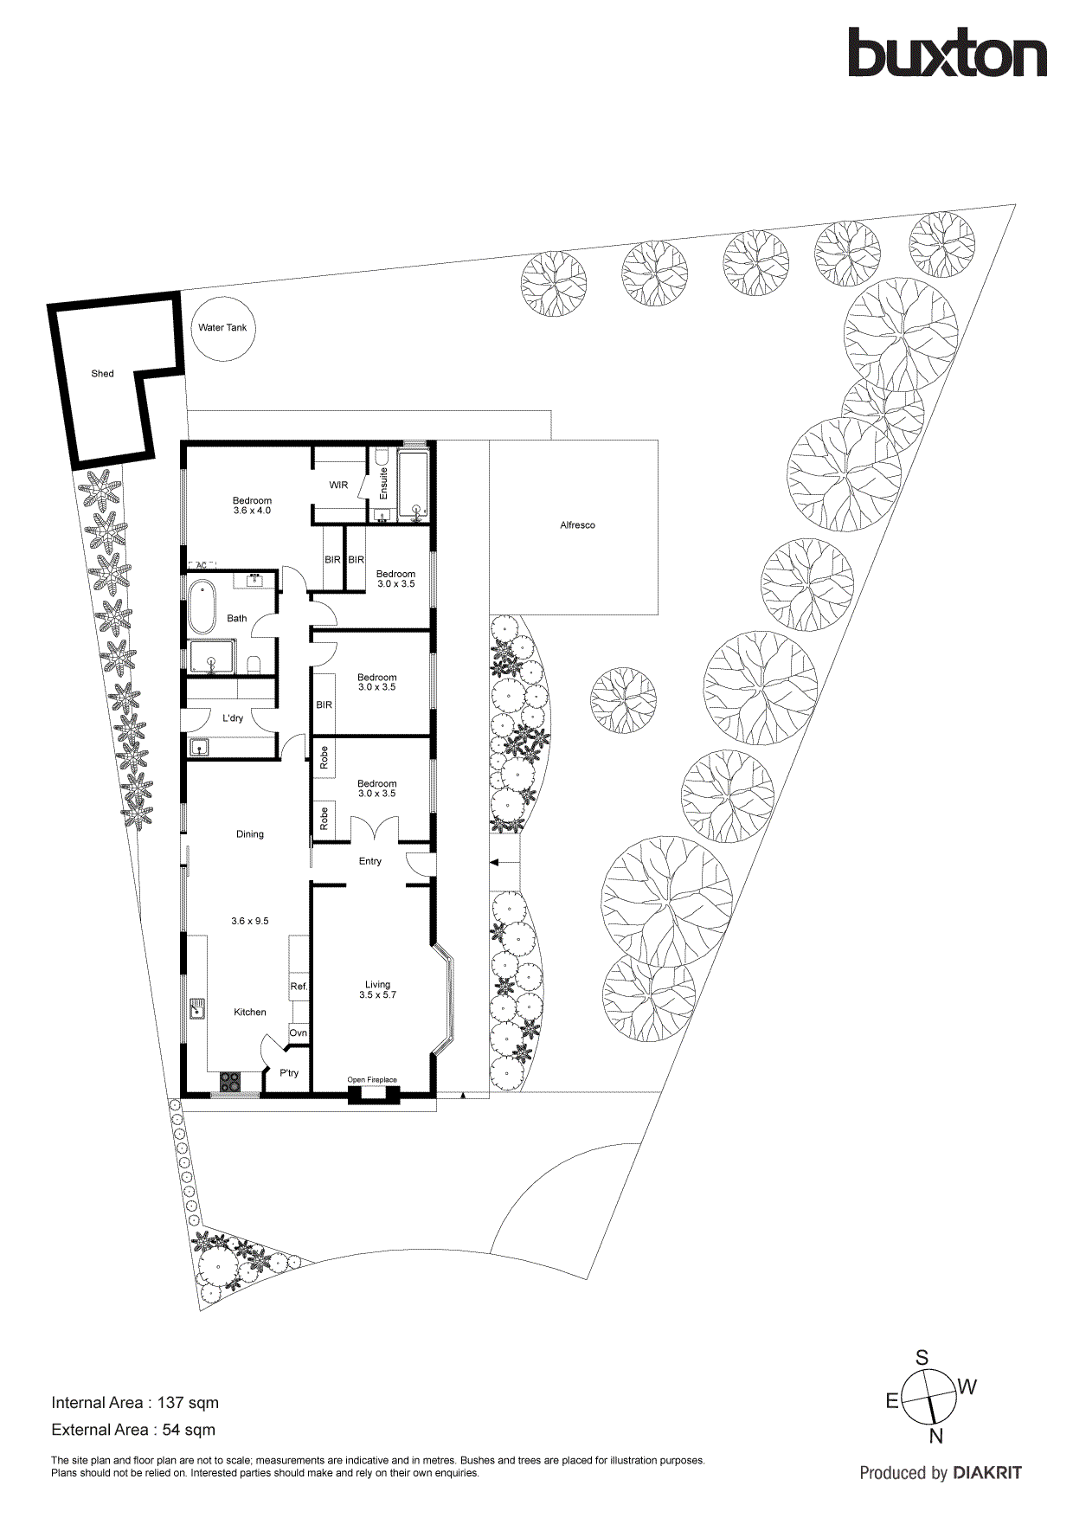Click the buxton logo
[947, 54]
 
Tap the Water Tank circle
[222, 328]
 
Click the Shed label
[102, 374]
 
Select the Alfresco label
[577, 525]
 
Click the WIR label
[338, 486]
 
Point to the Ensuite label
[383, 485]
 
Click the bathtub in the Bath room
[202, 607]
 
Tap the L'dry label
[233, 718]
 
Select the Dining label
[250, 834]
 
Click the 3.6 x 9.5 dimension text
[250, 921]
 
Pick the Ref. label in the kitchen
[299, 987]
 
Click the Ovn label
[299, 1033]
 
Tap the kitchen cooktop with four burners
[230, 1081]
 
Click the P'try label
[289, 1073]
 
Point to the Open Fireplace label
[372, 1080]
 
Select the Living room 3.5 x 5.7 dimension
[377, 995]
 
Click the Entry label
[370, 861]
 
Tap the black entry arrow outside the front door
[494, 862]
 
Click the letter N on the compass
[935, 1438]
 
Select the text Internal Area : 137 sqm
[135, 1403]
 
